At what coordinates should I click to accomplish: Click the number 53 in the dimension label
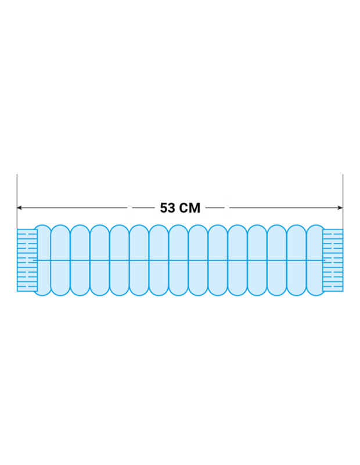pyautogui.click(x=167, y=208)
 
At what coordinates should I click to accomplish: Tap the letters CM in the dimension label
pyautogui.click(x=189, y=208)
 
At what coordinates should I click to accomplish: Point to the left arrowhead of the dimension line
pyautogui.click(x=19, y=208)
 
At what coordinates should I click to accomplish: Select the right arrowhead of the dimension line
pyautogui.click(x=340, y=208)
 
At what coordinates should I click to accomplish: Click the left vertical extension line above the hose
pyautogui.click(x=17, y=201)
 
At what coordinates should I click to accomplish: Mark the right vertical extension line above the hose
pyautogui.click(x=343, y=201)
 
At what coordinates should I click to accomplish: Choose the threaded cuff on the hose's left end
pyautogui.click(x=27, y=260)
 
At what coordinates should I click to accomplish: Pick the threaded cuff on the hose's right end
pyautogui.click(x=333, y=260)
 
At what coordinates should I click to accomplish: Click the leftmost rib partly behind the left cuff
pyautogui.click(x=43, y=260)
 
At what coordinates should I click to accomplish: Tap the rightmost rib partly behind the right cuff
pyautogui.click(x=316, y=260)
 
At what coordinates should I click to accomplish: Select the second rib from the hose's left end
pyautogui.click(x=60, y=260)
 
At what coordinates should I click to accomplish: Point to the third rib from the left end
pyautogui.click(x=80, y=260)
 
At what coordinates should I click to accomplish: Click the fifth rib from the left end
pyautogui.click(x=120, y=260)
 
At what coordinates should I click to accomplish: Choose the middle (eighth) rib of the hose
pyautogui.click(x=178, y=260)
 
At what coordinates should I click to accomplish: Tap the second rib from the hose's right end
pyautogui.click(x=297, y=260)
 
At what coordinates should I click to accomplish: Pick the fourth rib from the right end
pyautogui.click(x=257, y=260)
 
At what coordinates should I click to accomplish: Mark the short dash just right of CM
pyautogui.click(x=215, y=208)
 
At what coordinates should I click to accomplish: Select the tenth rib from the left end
pyautogui.click(x=218, y=260)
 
